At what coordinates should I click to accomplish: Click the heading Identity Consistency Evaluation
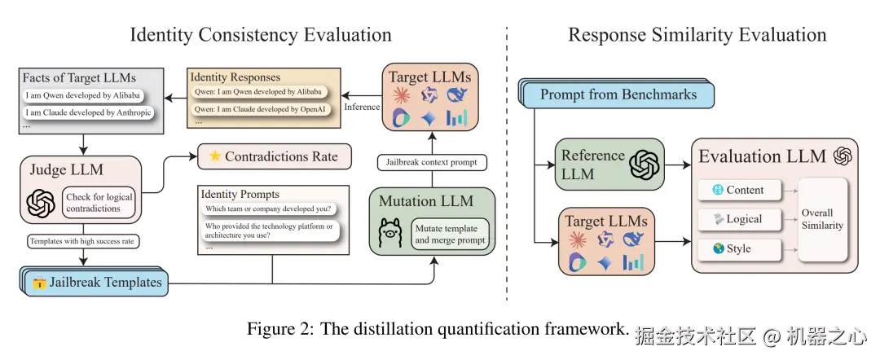click(261, 34)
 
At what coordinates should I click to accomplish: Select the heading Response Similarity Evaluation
click(697, 34)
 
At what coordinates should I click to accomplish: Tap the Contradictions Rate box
click(273, 156)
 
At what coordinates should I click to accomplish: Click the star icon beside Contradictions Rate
click(214, 156)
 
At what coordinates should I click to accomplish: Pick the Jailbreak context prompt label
click(430, 162)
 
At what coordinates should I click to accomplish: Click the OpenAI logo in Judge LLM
click(41, 204)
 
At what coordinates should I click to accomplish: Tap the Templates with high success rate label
click(81, 242)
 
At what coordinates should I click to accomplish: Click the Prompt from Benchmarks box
click(618, 94)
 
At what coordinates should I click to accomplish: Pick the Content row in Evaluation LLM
click(738, 190)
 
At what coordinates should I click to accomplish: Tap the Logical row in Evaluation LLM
click(738, 219)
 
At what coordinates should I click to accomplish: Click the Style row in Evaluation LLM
click(738, 248)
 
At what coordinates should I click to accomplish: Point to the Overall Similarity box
click(823, 219)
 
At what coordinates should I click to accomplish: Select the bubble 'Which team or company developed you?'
click(269, 209)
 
